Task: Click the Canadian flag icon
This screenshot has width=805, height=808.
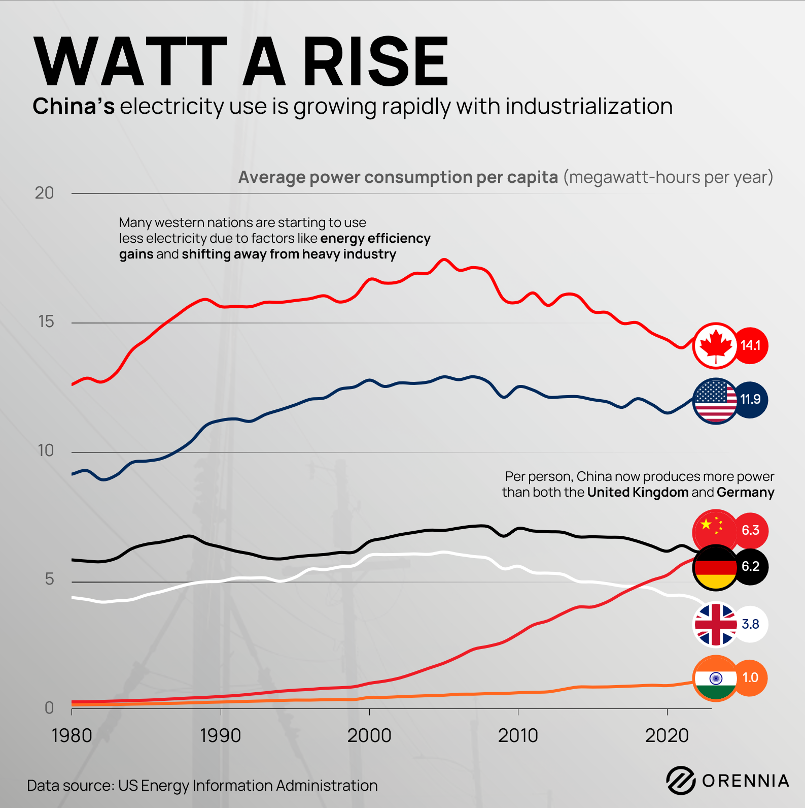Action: [x=715, y=346]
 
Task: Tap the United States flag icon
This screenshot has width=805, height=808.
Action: [x=715, y=401]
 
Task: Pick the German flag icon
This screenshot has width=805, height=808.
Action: [x=715, y=567]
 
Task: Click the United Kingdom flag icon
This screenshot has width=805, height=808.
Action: [x=715, y=624]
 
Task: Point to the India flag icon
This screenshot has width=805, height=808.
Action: [x=715, y=678]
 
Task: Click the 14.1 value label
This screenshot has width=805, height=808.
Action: [x=750, y=346]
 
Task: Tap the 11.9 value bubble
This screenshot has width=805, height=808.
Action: [x=750, y=400]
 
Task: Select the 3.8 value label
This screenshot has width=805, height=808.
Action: [x=750, y=624]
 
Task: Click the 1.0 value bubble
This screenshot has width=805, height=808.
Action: [x=750, y=678]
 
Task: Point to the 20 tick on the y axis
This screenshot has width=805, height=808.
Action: [x=44, y=193]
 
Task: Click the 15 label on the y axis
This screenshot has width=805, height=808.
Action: [x=46, y=322]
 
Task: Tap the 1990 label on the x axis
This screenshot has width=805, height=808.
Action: [x=220, y=735]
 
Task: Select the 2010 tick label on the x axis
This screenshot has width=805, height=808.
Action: [x=517, y=735]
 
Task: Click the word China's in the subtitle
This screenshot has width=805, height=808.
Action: [x=74, y=107]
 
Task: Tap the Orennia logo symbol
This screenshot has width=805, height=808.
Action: [x=680, y=780]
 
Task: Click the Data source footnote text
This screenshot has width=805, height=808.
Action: [x=202, y=786]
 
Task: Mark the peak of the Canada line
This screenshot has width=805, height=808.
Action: [x=444, y=260]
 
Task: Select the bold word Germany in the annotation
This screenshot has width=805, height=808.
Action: [x=745, y=493]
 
